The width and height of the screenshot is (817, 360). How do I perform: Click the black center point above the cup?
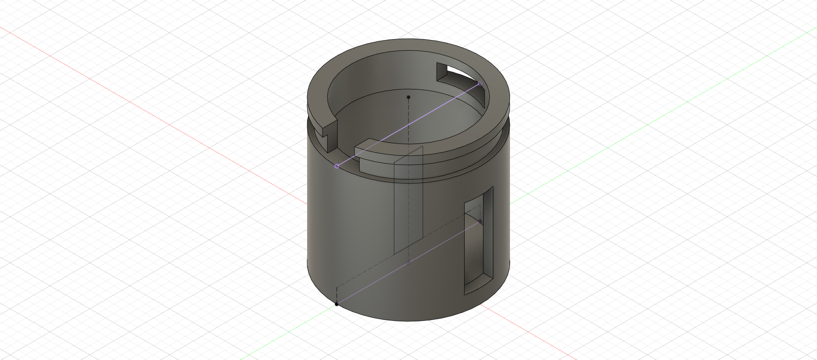pos(408,97)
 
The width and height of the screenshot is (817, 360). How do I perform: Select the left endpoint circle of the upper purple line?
pos(337,166)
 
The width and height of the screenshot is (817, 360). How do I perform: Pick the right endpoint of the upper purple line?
pos(480,84)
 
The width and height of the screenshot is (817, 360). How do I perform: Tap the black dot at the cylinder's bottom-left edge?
pos(337,304)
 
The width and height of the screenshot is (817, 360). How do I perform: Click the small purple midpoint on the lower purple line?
pos(408,263)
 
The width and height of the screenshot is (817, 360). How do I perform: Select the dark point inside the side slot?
pos(480,221)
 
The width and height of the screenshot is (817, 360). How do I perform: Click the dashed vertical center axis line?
pos(408,128)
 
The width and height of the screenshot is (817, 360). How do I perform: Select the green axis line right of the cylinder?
pos(638,128)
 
